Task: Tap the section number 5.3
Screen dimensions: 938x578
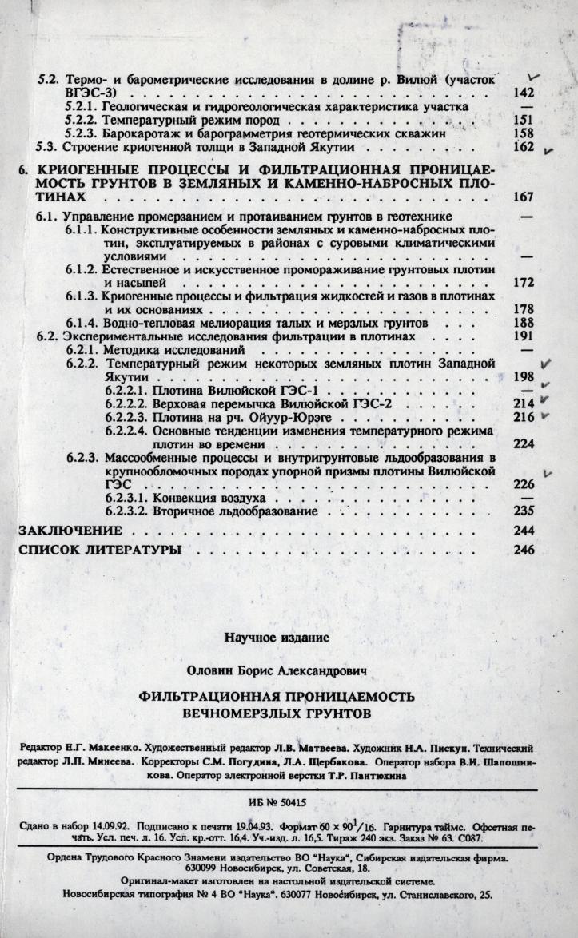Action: point(49,147)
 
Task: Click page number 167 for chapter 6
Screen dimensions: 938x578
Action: point(523,197)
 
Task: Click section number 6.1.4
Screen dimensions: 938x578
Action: point(82,323)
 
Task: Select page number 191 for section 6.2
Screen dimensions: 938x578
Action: point(523,336)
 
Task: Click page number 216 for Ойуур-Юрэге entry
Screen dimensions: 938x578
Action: point(523,417)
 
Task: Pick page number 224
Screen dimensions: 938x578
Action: point(523,445)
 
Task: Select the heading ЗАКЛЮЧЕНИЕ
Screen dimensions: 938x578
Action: point(70,531)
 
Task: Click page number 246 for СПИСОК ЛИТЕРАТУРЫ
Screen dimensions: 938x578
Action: point(523,550)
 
